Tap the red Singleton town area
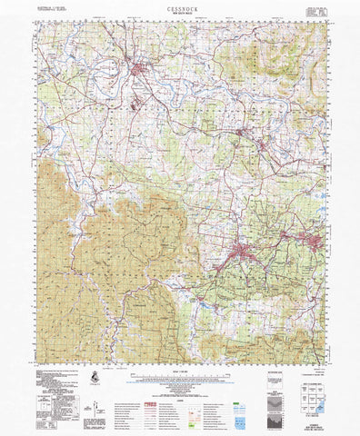(141, 69)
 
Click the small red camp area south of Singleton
(136, 103)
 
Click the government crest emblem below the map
(96, 376)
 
